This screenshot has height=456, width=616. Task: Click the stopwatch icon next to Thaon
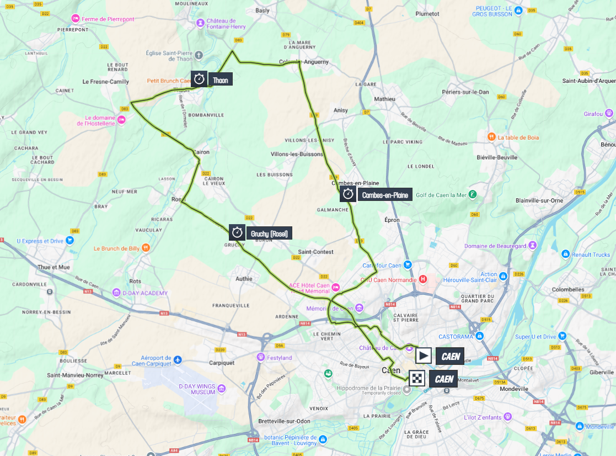click(199, 79)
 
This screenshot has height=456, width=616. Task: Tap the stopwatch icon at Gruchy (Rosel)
click(237, 232)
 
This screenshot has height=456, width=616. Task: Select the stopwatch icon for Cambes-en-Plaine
click(348, 194)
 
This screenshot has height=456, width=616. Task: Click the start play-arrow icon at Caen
click(424, 356)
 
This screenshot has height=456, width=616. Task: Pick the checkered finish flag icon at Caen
click(416, 378)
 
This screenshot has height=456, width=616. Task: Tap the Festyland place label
click(278, 358)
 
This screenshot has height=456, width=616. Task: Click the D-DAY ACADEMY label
click(147, 293)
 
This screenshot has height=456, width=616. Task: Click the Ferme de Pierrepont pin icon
click(77, 19)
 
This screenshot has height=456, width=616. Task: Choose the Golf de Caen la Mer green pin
click(473, 194)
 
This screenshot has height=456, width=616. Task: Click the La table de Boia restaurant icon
click(490, 137)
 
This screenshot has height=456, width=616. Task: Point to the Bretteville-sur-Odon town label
click(283, 421)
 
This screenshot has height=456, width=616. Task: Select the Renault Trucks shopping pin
click(565, 254)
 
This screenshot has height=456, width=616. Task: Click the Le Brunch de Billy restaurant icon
click(146, 248)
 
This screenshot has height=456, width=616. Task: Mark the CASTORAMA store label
click(457, 336)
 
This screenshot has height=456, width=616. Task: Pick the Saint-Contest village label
click(315, 252)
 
